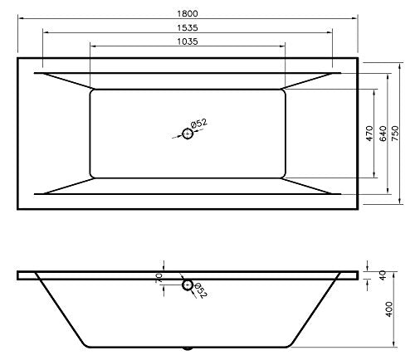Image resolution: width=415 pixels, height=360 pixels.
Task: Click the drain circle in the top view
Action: coord(188,133)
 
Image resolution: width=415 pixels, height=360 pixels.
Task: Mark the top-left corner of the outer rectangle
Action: coord(17,58)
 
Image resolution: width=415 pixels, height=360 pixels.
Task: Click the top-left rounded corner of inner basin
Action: coord(91,92)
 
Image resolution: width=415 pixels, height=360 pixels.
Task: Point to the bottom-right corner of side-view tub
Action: coord(293,348)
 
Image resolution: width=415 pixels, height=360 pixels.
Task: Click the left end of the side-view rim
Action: coord(17,275)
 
